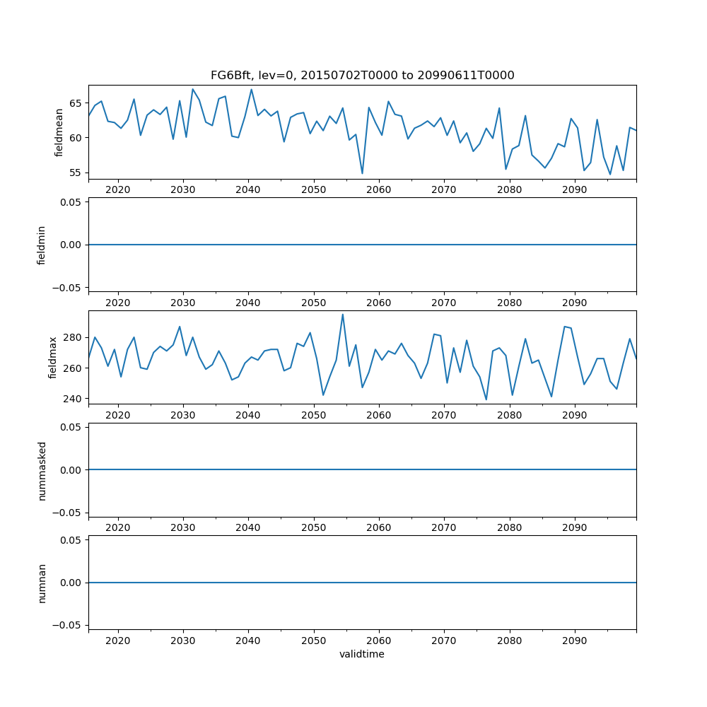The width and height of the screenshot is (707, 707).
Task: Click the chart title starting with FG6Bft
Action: coord(362,75)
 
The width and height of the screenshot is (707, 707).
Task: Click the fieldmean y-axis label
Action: coord(59,132)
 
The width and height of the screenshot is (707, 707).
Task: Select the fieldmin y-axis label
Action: coord(42,245)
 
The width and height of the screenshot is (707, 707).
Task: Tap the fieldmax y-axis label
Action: coord(53,358)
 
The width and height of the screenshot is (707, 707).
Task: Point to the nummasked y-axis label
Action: coord(42,470)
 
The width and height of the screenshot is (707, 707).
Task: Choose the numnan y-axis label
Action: coord(42,583)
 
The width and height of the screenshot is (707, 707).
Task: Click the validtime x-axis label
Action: coord(362,654)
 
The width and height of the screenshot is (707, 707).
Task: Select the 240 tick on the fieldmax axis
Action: coord(71,399)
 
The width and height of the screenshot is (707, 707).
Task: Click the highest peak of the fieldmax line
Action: coord(343,315)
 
